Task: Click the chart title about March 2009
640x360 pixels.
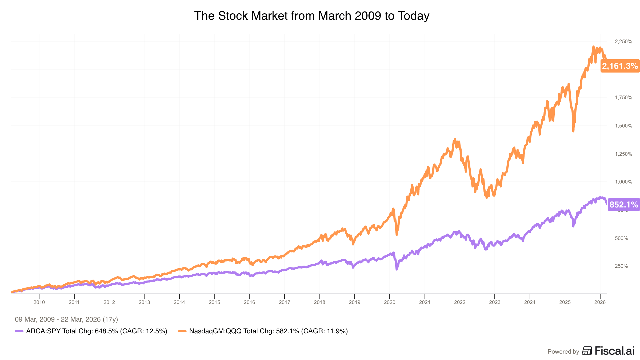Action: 311,16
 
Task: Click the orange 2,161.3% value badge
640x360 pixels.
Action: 620,66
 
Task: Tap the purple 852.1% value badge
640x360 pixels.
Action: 624,205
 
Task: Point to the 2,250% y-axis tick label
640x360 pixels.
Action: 623,41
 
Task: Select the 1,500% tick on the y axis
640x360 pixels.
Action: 623,126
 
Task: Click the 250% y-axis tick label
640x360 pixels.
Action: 621,266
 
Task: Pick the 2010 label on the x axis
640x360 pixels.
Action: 39,302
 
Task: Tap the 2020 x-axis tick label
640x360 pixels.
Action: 389,302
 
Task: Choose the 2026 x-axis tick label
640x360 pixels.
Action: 600,302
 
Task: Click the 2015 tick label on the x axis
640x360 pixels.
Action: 214,302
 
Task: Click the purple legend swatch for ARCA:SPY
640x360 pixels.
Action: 19,331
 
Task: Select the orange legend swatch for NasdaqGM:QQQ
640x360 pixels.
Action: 182,331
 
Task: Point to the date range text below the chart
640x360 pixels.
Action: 66,319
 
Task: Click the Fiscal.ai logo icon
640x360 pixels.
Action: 587,351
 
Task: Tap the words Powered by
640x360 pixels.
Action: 563,351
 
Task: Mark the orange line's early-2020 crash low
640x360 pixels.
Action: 397,235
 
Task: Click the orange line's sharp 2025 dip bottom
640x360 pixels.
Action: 573,131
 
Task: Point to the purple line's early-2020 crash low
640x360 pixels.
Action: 397,269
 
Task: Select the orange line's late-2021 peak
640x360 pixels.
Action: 455,139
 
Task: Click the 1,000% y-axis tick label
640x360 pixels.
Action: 623,182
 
